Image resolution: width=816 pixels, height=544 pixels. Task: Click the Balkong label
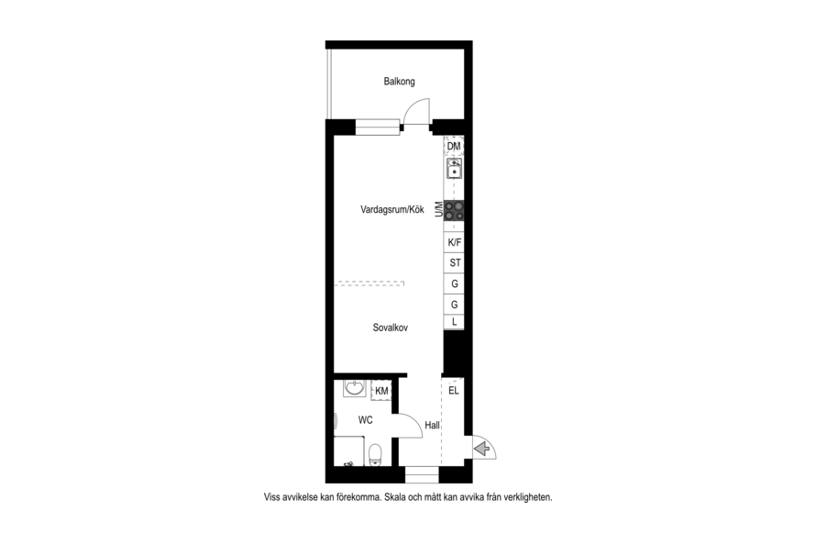point(399,82)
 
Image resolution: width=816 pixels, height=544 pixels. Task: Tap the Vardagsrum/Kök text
point(391,209)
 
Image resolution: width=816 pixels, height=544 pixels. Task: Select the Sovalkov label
point(391,328)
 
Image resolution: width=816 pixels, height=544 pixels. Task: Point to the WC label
point(365,419)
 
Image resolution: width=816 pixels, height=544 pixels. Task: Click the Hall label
point(432,425)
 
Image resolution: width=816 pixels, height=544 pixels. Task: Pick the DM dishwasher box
point(454,146)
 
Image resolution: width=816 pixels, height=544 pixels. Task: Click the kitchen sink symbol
point(455,169)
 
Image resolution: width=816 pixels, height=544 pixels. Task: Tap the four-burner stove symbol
point(454,210)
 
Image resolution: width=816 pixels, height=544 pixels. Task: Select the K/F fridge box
point(454,242)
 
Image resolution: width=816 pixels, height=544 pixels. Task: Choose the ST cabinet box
point(454,263)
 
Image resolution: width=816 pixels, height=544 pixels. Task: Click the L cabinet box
point(454,322)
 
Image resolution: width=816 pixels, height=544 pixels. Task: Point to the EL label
point(453,391)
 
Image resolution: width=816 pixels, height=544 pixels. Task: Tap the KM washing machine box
point(381,391)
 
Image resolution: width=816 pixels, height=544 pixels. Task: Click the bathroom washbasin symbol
point(356,388)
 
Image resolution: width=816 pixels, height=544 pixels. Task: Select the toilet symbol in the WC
point(375,454)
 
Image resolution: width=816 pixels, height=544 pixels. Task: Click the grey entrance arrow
point(482,448)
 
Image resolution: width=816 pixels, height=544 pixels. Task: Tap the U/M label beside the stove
point(439,210)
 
